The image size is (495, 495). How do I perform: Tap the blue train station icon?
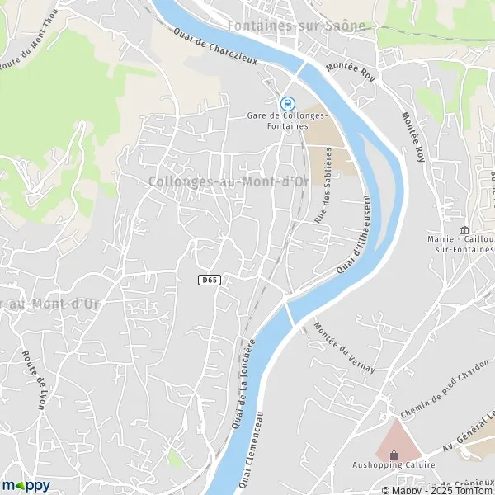(286, 103)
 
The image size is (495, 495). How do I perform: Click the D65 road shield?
(210, 280)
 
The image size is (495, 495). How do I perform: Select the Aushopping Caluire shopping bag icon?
(394, 454)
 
